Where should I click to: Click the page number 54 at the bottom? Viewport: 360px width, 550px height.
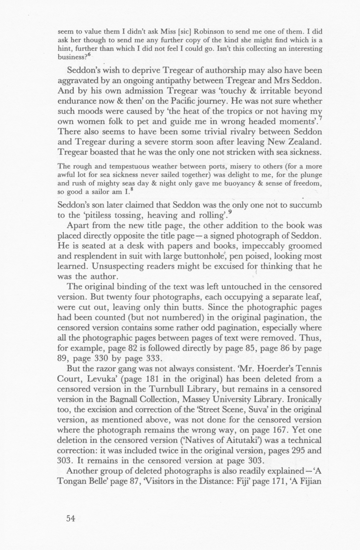pos(70,519)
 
